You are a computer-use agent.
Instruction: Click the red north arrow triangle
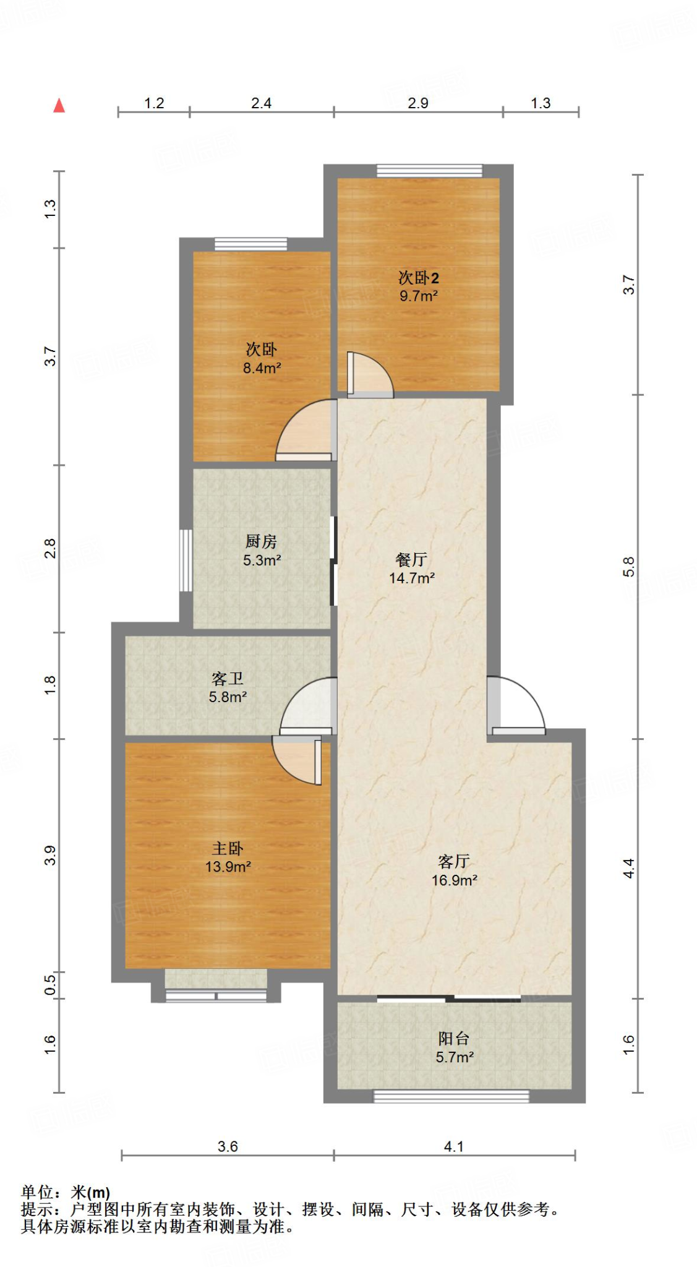pos(59,106)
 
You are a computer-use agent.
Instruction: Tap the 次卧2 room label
pos(418,278)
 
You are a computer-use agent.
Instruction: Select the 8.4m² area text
pos(262,368)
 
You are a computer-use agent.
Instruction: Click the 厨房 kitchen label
pos(261,542)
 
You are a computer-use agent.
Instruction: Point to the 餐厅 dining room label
pos(411,560)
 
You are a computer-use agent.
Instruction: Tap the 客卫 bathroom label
pos(227,679)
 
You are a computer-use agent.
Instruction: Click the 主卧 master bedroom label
pos(228,849)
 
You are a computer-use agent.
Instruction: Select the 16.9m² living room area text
pos(454,880)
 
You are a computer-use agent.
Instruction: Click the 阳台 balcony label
pos(454,1039)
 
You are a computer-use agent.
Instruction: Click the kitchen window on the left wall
pos(185,560)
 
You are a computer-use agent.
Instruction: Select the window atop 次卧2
pos(429,171)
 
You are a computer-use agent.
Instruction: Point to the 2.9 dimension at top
pos(418,103)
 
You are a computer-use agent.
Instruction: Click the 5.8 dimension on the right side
pos(628,567)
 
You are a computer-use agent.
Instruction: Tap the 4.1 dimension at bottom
pos(453,1146)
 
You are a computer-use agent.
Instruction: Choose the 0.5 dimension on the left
pos(50,984)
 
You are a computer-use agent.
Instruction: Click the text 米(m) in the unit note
pos(90,1192)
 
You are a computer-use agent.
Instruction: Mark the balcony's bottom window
pos(451,1096)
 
